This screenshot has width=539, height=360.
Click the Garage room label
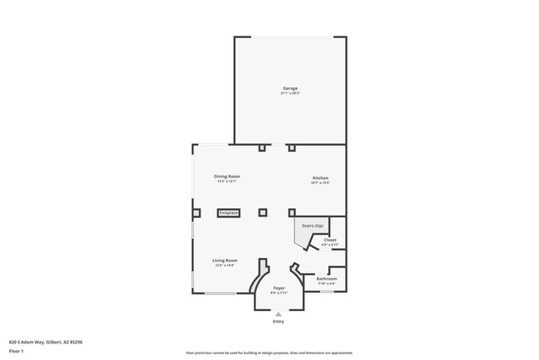[289, 88]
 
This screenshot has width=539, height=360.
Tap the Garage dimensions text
[289, 94]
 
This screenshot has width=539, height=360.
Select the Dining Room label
[227, 177]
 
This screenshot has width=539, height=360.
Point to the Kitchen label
[320, 178]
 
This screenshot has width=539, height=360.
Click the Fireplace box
[229, 213]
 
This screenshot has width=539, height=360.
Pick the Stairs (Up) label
[312, 226]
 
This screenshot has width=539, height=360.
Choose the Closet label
[330, 240]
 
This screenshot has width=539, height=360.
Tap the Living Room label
[226, 260]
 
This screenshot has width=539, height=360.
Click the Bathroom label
[326, 279]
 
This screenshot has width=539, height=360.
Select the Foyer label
[279, 288]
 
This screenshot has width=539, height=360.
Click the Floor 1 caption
[17, 350]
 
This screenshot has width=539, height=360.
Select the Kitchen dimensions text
[320, 182]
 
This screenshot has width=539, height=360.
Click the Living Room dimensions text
[226, 265]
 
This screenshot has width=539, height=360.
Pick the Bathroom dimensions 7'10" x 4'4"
[326, 284]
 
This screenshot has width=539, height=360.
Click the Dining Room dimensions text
[227, 182]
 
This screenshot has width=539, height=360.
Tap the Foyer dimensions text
[279, 293]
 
